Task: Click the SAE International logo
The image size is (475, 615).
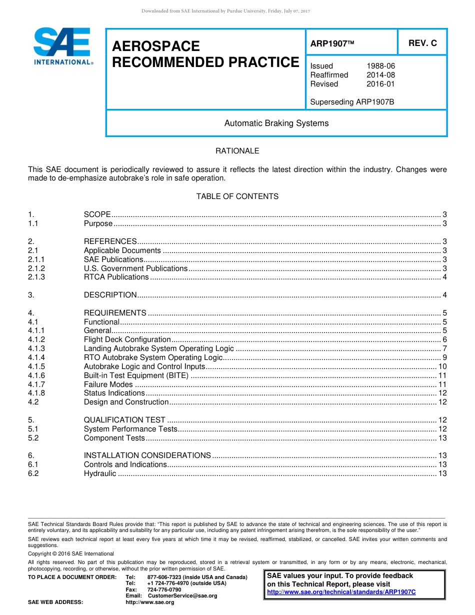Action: pyautogui.click(x=62, y=46)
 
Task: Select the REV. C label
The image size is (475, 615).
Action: pyautogui.click(x=422, y=43)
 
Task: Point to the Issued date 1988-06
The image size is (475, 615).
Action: pyautogui.click(x=380, y=66)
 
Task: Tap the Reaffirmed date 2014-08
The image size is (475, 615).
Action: pyautogui.click(x=380, y=75)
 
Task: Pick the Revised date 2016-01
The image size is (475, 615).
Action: pyautogui.click(x=380, y=84)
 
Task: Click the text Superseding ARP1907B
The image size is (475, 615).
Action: pyautogui.click(x=352, y=102)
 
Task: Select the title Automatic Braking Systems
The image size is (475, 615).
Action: pyautogui.click(x=276, y=123)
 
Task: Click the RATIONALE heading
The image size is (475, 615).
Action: pyautogui.click(x=237, y=150)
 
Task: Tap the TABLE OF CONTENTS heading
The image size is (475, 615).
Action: pyautogui.click(x=237, y=196)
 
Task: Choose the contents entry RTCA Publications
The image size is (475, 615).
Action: pyautogui.click(x=116, y=277)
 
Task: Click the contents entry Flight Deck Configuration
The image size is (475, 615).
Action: pyautogui.click(x=127, y=339)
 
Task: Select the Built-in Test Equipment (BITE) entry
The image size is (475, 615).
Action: pyautogui.click(x=136, y=375)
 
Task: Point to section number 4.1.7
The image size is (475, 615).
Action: pyautogui.click(x=36, y=384)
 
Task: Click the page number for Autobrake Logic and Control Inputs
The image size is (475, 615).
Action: pyautogui.click(x=442, y=366)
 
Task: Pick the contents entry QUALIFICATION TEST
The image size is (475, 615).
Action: pyautogui.click(x=124, y=420)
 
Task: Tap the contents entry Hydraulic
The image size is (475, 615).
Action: pyautogui.click(x=100, y=473)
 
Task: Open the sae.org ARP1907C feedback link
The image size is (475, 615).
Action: pyautogui.click(x=341, y=592)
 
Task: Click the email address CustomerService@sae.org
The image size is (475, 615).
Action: pyautogui.click(x=179, y=595)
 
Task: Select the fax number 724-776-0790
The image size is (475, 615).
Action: pyautogui.click(x=164, y=589)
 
